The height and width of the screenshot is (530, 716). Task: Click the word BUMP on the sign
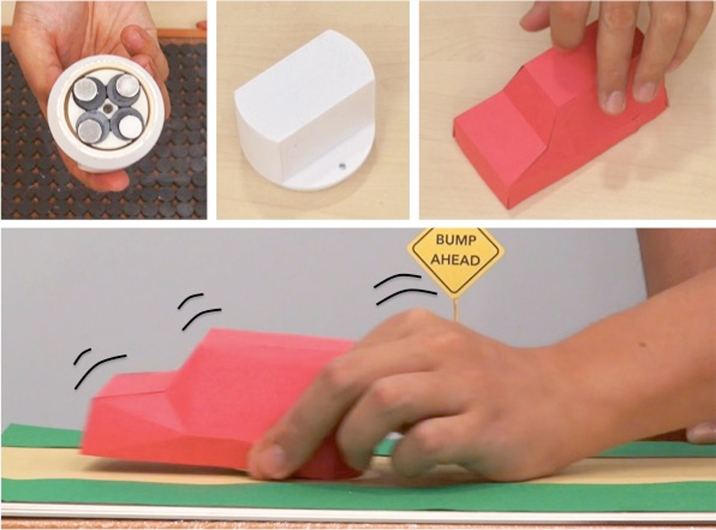pos(456,240)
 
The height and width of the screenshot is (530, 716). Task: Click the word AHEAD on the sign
pos(456,260)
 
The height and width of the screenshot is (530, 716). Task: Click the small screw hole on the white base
pos(341,166)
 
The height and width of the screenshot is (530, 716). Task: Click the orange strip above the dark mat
pos(103,32)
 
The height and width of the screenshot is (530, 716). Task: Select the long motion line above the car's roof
pos(200,318)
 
